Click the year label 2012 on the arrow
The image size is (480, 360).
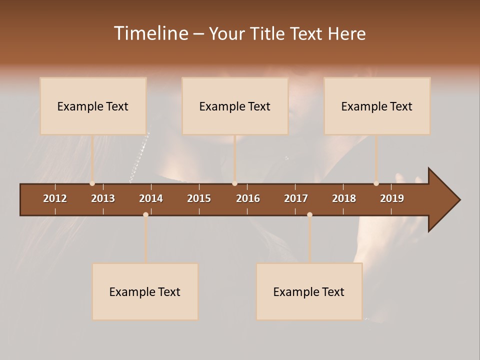tap(55, 198)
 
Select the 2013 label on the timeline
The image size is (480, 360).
tap(103, 198)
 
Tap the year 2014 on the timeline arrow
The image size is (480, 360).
tap(151, 198)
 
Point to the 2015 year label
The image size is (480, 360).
tap(199, 198)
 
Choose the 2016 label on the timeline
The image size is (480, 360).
tap(248, 198)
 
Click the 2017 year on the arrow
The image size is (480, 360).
tap(296, 198)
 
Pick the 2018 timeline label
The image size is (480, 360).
tap(344, 198)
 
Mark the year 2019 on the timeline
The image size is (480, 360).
tap(392, 198)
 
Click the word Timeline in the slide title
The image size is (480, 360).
tap(150, 33)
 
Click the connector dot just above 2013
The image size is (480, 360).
tap(92, 183)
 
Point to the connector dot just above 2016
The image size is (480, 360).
tap(234, 183)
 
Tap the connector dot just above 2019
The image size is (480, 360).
tap(376, 183)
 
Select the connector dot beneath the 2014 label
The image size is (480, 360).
tap(145, 215)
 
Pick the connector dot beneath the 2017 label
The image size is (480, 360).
tap(309, 215)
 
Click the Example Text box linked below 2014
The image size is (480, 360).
tap(145, 291)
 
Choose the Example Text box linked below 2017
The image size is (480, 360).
tap(309, 291)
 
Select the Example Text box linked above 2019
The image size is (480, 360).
tap(377, 106)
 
